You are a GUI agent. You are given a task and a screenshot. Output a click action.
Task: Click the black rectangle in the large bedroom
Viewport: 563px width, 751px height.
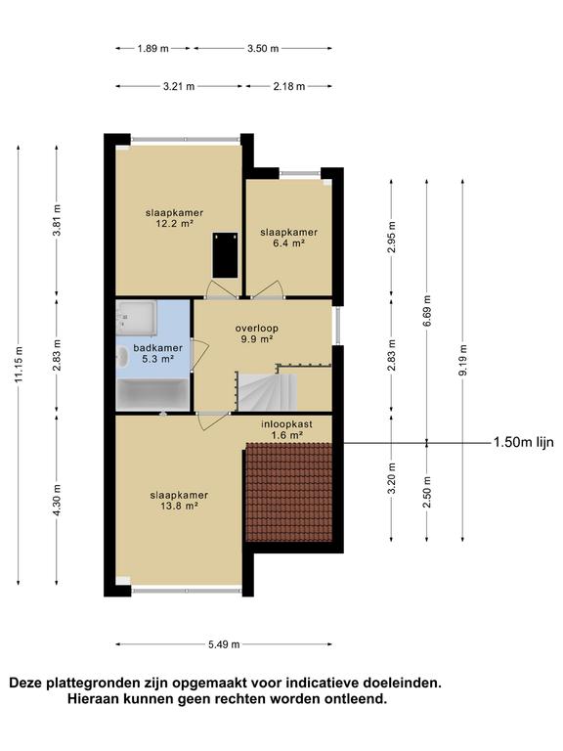[225, 255]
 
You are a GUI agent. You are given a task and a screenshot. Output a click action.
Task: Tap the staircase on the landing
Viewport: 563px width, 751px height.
[268, 392]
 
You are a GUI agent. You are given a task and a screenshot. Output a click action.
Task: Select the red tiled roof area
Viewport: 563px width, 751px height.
[288, 492]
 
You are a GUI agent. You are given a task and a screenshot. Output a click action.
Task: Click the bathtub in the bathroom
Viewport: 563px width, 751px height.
[153, 395]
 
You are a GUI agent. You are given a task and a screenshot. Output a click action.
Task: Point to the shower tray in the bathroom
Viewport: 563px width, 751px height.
[137, 318]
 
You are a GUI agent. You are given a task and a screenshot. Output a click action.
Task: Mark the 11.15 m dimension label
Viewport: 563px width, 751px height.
[19, 364]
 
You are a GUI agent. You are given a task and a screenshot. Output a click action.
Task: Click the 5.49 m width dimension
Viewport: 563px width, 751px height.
[224, 644]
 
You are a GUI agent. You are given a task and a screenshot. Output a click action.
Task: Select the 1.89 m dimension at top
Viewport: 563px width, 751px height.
[153, 48]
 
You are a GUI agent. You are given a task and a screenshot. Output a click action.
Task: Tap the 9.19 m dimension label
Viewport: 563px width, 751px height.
[463, 360]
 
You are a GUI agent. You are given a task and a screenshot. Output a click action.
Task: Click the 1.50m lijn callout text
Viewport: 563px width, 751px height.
[523, 442]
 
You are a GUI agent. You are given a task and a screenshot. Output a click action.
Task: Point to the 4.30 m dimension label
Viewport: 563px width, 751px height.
[57, 501]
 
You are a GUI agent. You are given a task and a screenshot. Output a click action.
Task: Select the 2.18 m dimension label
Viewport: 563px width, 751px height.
[289, 87]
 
